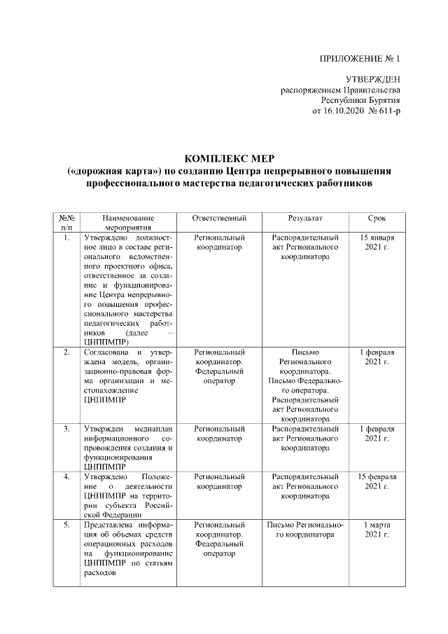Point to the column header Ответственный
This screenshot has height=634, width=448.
[x=219, y=219]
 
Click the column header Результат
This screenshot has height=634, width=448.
[x=304, y=219]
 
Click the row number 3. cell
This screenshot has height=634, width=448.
[x=66, y=428]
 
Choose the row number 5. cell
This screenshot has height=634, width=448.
[x=66, y=524]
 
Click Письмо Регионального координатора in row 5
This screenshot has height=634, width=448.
[x=304, y=529]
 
